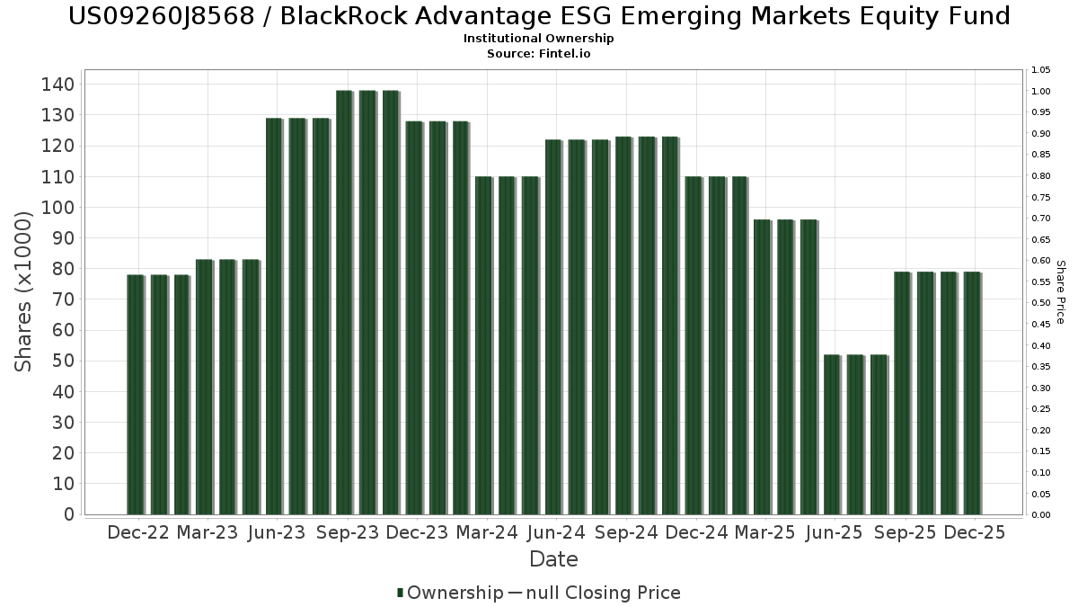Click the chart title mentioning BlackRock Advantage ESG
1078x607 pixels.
539,16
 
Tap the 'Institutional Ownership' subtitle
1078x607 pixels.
539,39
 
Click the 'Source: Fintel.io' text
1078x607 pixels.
539,53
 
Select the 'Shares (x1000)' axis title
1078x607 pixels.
24,291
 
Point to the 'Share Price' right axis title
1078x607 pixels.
1061,291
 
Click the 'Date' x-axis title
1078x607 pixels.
553,559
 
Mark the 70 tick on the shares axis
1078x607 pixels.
63,299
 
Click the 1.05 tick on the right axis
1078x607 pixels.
1041,70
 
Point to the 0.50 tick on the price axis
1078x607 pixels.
1041,303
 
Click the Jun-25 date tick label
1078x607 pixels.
834,532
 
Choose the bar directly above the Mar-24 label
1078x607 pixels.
484,345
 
